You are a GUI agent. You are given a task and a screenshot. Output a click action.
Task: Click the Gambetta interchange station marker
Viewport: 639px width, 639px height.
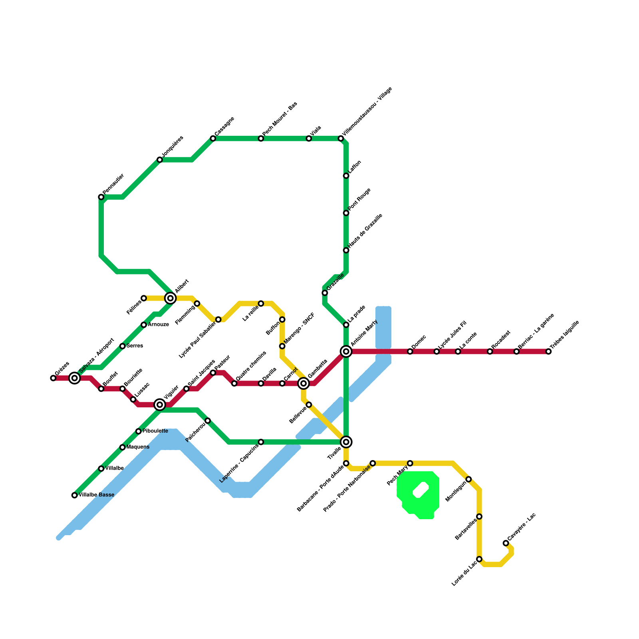point(304,383)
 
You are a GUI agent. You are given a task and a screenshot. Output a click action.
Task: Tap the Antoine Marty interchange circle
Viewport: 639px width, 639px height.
point(346,351)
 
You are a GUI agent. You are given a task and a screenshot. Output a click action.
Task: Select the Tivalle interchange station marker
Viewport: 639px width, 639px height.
point(346,442)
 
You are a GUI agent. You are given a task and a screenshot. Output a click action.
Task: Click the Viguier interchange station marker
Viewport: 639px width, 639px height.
point(160,405)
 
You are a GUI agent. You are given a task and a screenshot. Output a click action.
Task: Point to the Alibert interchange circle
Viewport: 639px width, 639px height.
point(171,298)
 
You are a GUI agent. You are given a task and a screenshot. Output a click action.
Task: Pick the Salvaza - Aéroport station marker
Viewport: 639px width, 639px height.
point(74,378)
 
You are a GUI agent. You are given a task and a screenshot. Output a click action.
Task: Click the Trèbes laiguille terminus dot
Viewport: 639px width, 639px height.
point(548,351)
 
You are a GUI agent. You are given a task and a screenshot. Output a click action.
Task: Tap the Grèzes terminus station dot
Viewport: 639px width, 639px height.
point(53,378)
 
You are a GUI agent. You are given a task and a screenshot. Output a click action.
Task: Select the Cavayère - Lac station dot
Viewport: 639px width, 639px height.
point(506,543)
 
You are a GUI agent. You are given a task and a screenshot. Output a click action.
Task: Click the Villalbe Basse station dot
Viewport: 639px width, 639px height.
point(74,495)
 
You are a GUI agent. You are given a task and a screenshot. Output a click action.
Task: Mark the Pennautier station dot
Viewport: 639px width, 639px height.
point(101,197)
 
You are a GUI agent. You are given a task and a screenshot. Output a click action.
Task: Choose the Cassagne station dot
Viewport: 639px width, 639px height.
point(213,138)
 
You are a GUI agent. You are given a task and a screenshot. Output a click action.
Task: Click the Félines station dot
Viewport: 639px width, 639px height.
point(144,298)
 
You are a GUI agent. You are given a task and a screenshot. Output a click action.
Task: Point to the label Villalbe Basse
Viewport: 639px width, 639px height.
point(96,495)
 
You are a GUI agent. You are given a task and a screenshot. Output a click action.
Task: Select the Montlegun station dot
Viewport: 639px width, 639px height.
point(468,479)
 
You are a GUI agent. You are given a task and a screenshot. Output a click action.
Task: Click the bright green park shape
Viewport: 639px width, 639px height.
point(417,495)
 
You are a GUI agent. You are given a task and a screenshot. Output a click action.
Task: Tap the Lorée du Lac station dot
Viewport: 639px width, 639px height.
point(479,559)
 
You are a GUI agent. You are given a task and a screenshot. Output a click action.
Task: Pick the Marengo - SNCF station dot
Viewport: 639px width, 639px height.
point(282,346)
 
